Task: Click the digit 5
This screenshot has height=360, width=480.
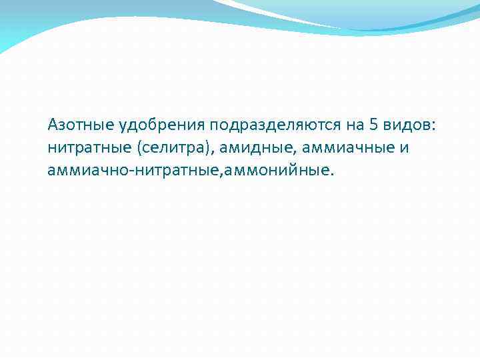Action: tap(373, 125)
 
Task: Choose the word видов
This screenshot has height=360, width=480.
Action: tap(408, 125)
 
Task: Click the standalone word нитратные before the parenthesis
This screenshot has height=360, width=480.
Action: tap(83, 147)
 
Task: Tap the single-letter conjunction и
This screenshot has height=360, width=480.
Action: tap(404, 147)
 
